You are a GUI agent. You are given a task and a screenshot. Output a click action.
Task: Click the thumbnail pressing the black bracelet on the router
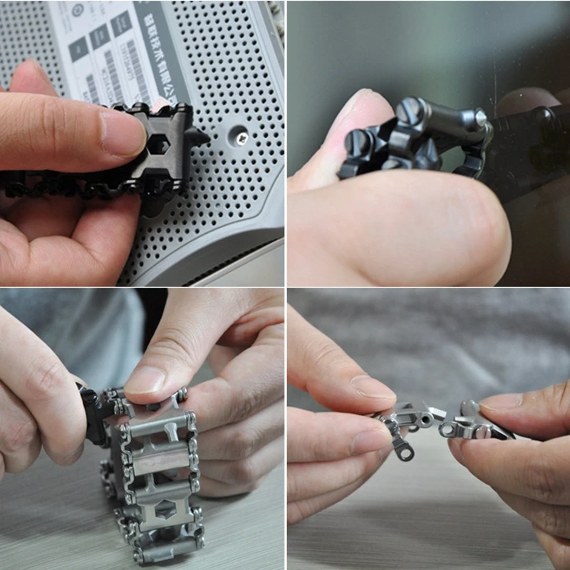(123, 133)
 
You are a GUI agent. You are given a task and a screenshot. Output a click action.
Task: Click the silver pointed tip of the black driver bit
(482, 117)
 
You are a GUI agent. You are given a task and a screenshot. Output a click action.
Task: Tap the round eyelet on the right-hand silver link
(448, 430)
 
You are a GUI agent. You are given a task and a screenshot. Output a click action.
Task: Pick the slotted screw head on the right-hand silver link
(482, 431)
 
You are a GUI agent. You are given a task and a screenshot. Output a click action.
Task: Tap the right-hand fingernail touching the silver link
(498, 403)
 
